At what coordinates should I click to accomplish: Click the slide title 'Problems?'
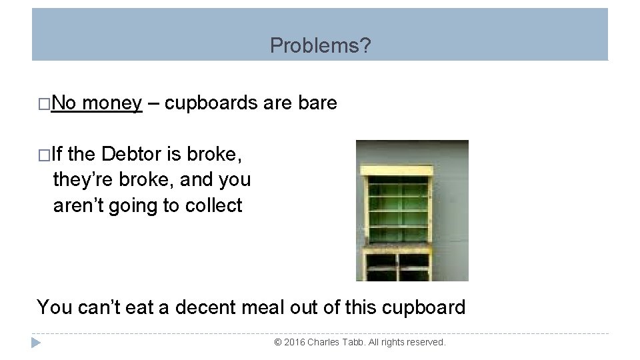[x=321, y=46]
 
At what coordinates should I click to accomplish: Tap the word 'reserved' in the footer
[x=426, y=342]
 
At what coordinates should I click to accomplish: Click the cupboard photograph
[x=412, y=210]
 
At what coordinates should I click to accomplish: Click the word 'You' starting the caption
[x=53, y=307]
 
